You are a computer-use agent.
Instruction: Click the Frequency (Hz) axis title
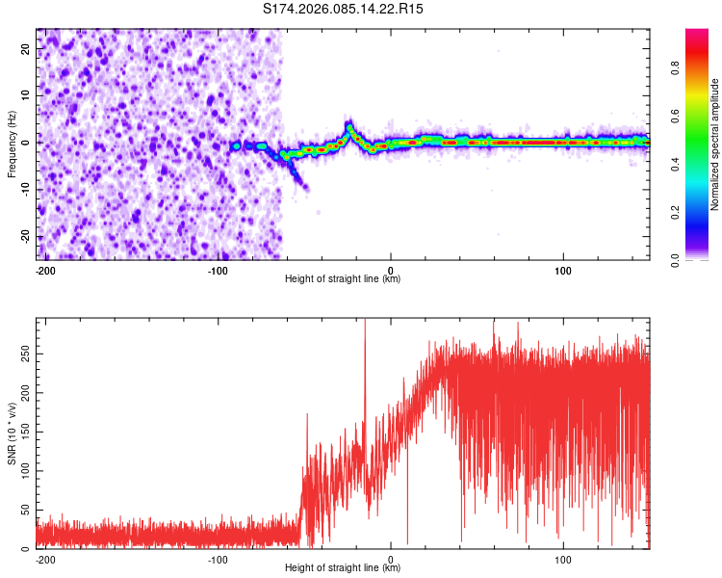[12, 144]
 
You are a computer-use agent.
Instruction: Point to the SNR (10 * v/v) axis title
[12, 433]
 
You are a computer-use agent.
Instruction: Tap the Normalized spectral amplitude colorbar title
[715, 144]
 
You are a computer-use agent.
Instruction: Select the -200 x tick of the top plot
[44, 269]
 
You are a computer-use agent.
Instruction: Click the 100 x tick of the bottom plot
[563, 558]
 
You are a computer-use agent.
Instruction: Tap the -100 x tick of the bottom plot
[218, 558]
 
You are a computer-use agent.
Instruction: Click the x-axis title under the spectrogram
[343, 279]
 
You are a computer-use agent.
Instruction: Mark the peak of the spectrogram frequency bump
[349, 124]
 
